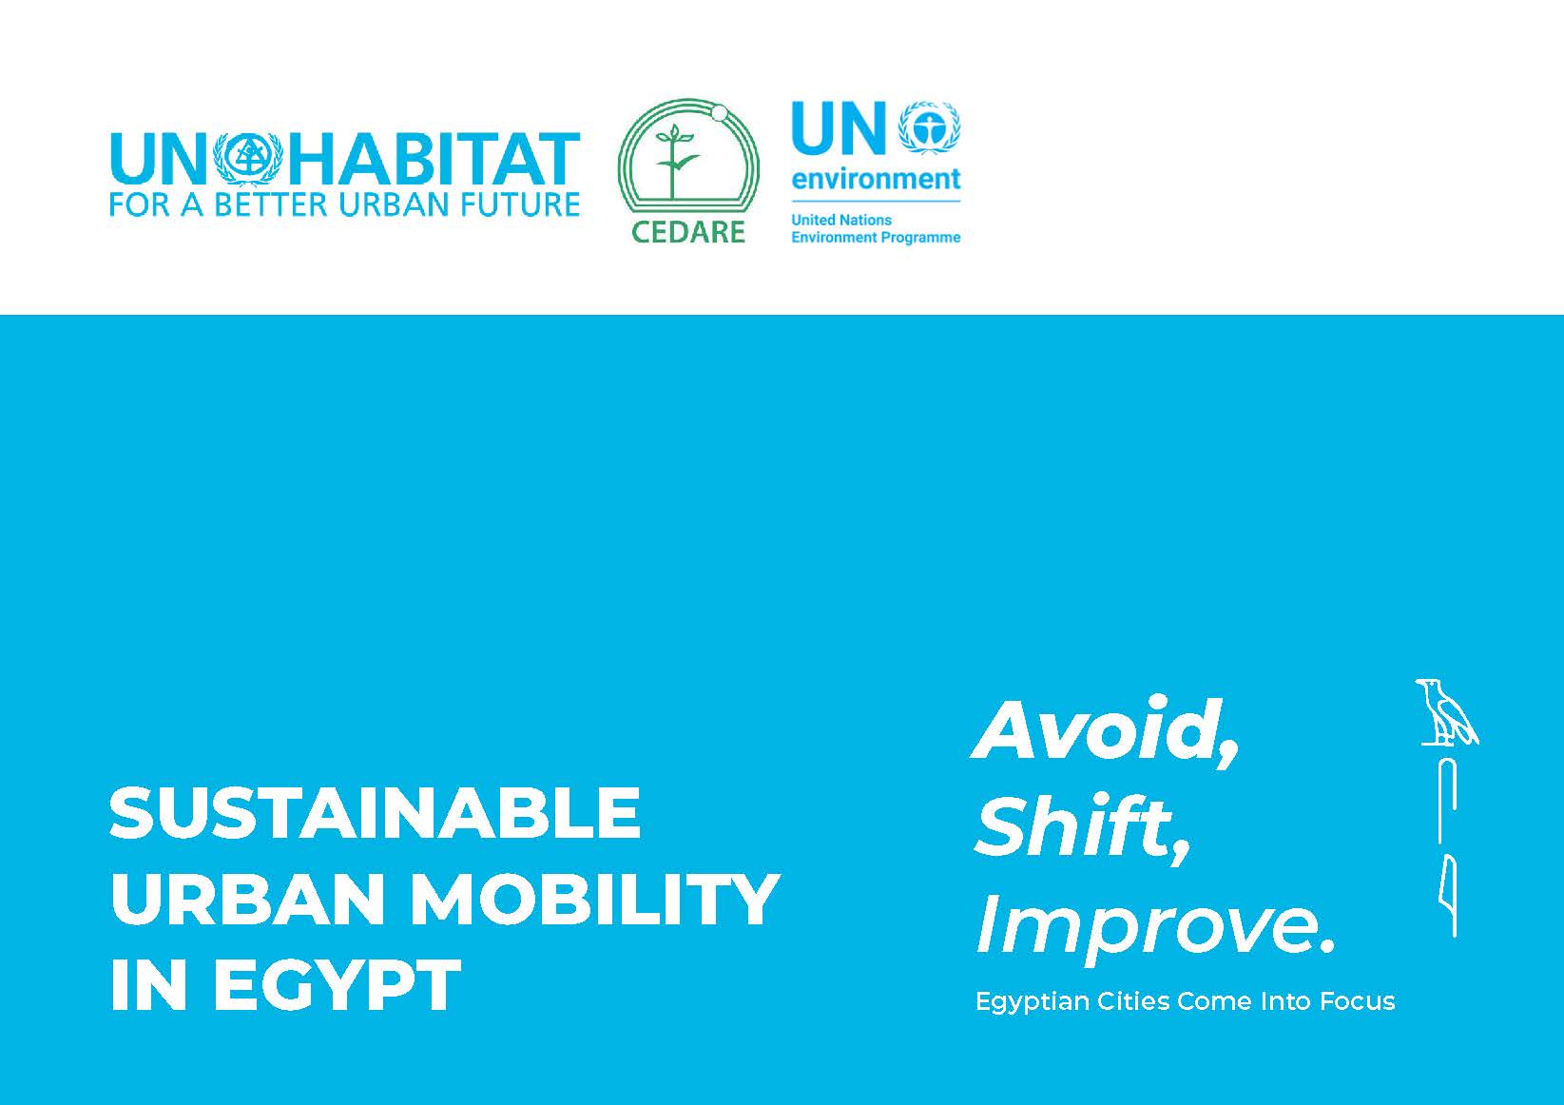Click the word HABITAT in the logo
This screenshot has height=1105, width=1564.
[434, 159]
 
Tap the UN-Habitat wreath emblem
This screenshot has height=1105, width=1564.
[248, 159]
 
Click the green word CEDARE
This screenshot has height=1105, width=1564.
[687, 232]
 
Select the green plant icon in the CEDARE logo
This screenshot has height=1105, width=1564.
[673, 161]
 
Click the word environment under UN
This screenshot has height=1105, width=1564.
[877, 180]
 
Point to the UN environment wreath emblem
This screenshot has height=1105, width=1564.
[929, 127]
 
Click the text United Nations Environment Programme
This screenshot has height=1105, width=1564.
[876, 228]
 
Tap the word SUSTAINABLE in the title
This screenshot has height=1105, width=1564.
[375, 814]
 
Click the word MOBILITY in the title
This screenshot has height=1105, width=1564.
[594, 900]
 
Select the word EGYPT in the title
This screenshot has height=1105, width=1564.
[337, 985]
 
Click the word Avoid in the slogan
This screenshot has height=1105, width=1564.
[1096, 730]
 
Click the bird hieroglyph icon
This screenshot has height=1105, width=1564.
[1446, 711]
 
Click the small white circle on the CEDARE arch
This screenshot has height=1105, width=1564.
[719, 114]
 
